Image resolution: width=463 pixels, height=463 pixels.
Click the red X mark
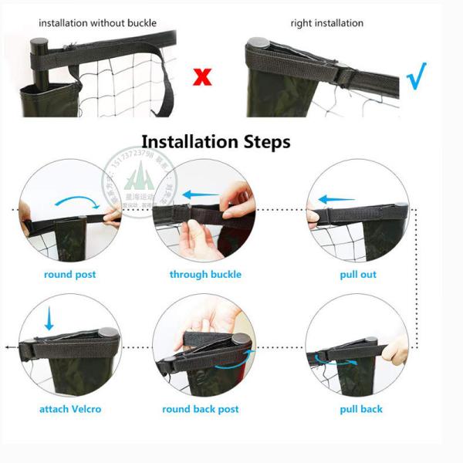(202, 76)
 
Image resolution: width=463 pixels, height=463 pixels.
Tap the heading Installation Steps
(216, 142)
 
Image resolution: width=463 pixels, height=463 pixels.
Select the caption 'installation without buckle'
(97, 23)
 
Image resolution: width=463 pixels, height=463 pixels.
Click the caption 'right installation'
(326, 23)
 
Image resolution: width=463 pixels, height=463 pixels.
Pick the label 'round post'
(69, 275)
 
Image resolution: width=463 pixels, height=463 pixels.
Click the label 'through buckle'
(205, 275)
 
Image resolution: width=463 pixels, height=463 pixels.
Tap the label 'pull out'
(358, 275)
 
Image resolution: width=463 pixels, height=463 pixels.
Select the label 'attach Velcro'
(70, 409)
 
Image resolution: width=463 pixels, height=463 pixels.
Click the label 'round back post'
(201, 409)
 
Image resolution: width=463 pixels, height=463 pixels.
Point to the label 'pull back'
(361, 409)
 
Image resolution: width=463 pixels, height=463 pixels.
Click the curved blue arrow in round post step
(77, 203)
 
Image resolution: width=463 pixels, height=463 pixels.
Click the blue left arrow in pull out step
(336, 199)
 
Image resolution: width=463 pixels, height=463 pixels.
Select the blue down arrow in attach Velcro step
(49, 317)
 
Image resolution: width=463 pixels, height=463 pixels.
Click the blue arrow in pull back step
(332, 357)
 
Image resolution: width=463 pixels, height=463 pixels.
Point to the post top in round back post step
(242, 340)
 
